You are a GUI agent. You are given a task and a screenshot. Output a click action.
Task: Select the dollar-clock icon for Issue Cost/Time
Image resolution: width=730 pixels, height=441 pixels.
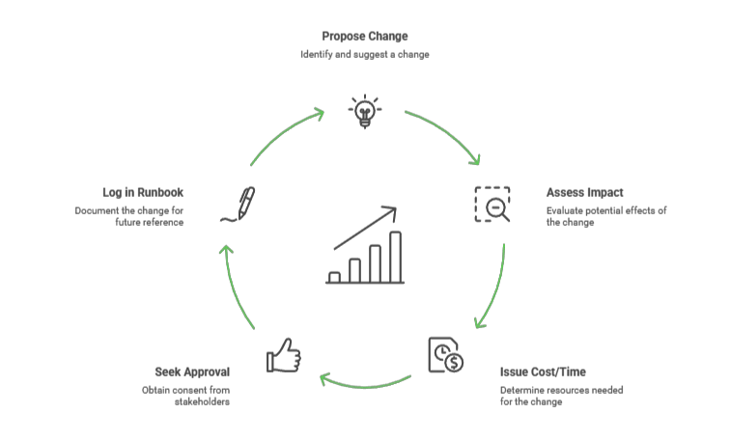tap(443, 354)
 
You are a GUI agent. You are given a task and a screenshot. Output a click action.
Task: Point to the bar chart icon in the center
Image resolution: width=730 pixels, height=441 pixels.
tap(364, 245)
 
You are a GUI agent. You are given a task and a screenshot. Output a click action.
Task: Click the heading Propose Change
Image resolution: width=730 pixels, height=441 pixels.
tap(364, 37)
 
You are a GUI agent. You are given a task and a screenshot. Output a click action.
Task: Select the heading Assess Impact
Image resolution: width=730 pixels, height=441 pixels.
tap(585, 192)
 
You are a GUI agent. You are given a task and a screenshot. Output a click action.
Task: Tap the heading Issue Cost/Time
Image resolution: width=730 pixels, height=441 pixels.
tap(543, 372)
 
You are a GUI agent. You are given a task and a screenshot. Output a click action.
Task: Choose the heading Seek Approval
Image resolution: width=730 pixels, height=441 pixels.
tap(193, 372)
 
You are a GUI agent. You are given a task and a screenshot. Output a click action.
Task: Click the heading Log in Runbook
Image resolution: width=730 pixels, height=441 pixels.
tap(143, 192)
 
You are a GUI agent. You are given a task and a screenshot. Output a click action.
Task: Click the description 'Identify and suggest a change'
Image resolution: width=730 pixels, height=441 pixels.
tap(364, 55)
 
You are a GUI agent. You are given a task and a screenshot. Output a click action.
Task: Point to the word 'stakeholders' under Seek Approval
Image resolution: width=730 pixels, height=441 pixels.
tap(203, 401)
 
